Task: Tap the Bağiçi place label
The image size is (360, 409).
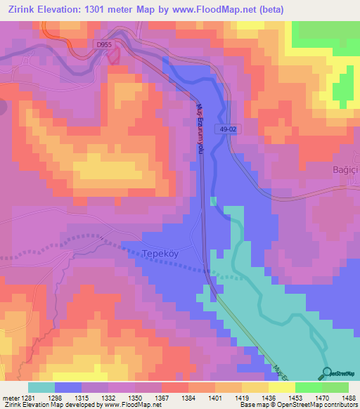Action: coord(345,171)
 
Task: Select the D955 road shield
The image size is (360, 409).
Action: coord(104,44)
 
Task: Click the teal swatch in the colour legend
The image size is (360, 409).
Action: coord(41,387)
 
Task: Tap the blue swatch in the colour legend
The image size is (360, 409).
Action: coord(67,387)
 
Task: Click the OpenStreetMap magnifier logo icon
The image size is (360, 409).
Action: coord(326,372)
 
